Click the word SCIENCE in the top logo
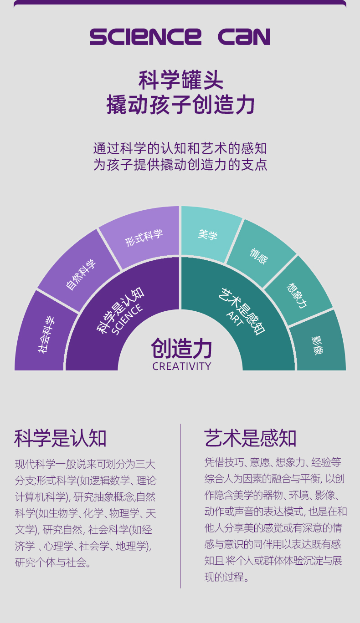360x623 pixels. (x=145, y=37)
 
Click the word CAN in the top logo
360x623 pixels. (x=244, y=37)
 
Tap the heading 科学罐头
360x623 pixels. (x=181, y=80)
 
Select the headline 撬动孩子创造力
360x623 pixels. (x=181, y=104)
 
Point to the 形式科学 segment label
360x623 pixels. (x=144, y=238)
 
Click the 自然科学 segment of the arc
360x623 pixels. (x=81, y=275)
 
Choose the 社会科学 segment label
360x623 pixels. (x=46, y=335)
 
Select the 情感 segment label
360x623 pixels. (x=259, y=256)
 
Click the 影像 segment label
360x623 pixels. (x=317, y=345)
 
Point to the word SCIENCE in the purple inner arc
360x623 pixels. (x=127, y=319)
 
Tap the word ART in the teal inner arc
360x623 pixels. (x=235, y=319)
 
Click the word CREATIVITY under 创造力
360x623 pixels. (x=182, y=366)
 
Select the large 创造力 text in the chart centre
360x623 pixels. (x=181, y=348)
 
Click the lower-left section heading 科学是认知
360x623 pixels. (x=60, y=438)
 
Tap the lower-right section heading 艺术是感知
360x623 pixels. (x=250, y=438)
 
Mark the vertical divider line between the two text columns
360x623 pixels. (x=180, y=506)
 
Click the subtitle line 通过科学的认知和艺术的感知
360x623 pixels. (x=180, y=148)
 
